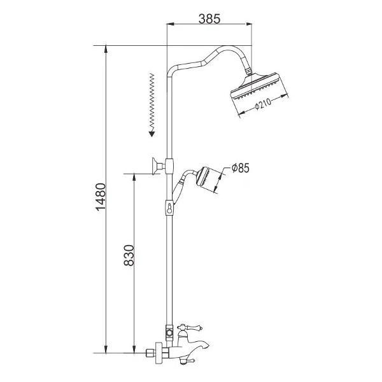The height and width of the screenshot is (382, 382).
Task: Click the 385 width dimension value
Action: [x=209, y=18]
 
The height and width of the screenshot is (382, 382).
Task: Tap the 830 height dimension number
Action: [x=127, y=256]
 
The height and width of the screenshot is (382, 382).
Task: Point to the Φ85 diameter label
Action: [x=240, y=168]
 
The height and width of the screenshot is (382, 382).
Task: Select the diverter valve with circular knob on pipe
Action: [x=169, y=332]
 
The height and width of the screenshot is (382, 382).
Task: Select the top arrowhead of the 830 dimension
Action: [x=134, y=176]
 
